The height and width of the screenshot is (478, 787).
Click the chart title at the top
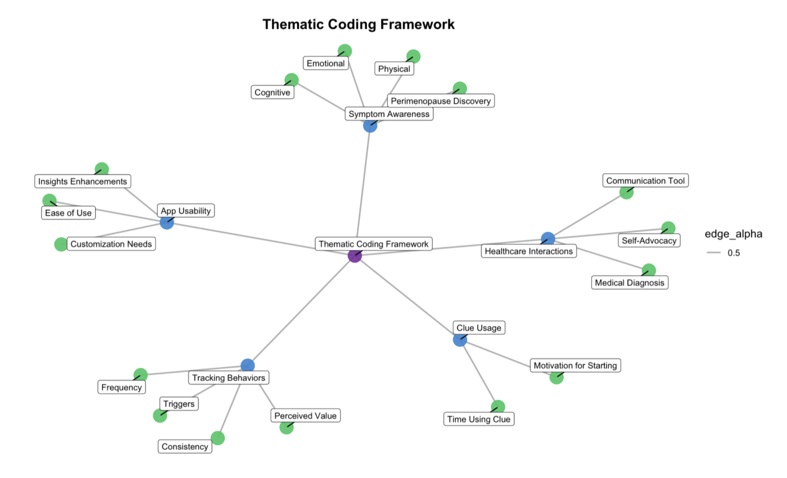(x=358, y=25)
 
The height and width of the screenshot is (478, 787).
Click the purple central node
(x=354, y=256)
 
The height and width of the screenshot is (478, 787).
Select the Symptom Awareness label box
(x=389, y=114)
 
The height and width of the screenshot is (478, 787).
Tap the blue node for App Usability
(x=167, y=222)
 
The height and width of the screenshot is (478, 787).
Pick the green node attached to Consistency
(x=218, y=438)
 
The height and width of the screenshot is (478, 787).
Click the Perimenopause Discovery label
(x=440, y=101)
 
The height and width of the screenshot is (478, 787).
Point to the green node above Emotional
(x=345, y=51)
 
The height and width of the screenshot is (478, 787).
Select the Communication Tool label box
(x=645, y=181)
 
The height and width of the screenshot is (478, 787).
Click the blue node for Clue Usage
(x=460, y=340)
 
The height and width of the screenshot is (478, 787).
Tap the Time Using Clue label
(x=478, y=419)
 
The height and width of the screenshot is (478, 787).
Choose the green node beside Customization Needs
(x=61, y=244)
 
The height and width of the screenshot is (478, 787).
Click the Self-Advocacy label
(x=649, y=240)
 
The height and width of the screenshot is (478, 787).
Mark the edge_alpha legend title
(x=733, y=234)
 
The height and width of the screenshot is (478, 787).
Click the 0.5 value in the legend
(x=734, y=253)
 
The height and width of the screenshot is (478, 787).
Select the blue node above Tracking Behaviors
(x=248, y=366)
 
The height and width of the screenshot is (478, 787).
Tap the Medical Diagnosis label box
(x=629, y=283)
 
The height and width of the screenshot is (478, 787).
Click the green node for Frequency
(x=140, y=375)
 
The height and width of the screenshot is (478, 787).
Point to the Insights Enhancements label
(x=82, y=181)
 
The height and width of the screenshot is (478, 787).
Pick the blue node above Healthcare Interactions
(x=548, y=239)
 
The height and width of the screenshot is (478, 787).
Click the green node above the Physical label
(x=413, y=57)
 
